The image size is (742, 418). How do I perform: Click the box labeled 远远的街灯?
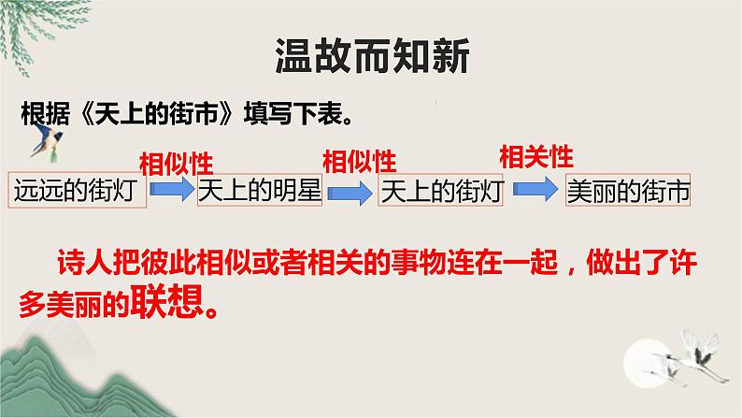(x=77, y=190)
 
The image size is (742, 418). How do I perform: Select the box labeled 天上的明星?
(x=260, y=190)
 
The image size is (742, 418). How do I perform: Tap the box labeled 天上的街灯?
(x=443, y=190)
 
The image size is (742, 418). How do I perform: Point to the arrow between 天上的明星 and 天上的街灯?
(x=352, y=190)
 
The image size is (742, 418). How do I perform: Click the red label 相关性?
(x=536, y=155)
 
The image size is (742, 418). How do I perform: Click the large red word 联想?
(x=169, y=305)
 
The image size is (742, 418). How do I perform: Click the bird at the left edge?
(x=45, y=137)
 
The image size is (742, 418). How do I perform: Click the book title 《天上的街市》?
(x=146, y=116)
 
